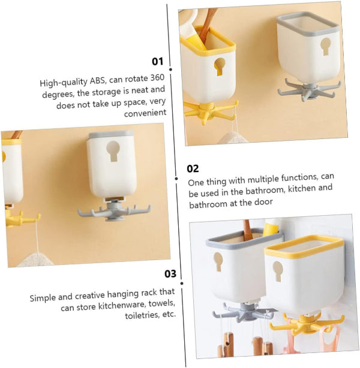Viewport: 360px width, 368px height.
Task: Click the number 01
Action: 157,62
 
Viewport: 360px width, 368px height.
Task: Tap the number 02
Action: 193,168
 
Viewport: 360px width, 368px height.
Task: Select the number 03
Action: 170,274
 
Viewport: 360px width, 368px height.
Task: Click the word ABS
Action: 97,81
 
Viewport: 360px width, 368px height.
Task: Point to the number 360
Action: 157,78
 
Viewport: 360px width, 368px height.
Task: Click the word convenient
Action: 145,113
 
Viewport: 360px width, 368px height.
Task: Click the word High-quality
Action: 64,82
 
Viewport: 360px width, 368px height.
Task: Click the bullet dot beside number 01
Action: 170,70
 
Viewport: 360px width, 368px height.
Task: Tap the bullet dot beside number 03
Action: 182,283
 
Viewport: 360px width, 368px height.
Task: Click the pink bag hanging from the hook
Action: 329,340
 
